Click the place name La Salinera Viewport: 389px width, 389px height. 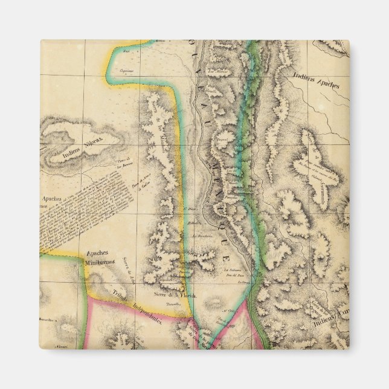[x=233, y=269]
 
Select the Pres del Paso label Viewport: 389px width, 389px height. [x=237, y=275]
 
